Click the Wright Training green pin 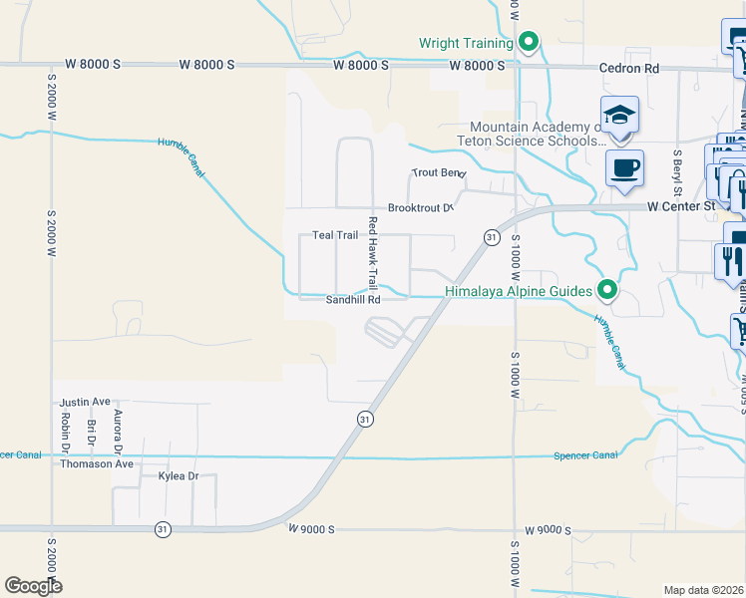coord(530,42)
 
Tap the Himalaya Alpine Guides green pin coord(606,291)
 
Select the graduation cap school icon coord(619,115)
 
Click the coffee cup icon coord(625,166)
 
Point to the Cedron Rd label coord(629,69)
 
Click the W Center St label coord(681,206)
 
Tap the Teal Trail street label coord(335,235)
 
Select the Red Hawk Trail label coord(372,253)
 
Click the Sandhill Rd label coord(353,299)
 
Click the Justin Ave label coord(85,402)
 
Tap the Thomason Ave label coord(97,463)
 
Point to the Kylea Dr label coord(179,476)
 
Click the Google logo coord(33,586)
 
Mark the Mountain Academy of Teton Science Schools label coord(538,135)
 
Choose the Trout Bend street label coord(439,172)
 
